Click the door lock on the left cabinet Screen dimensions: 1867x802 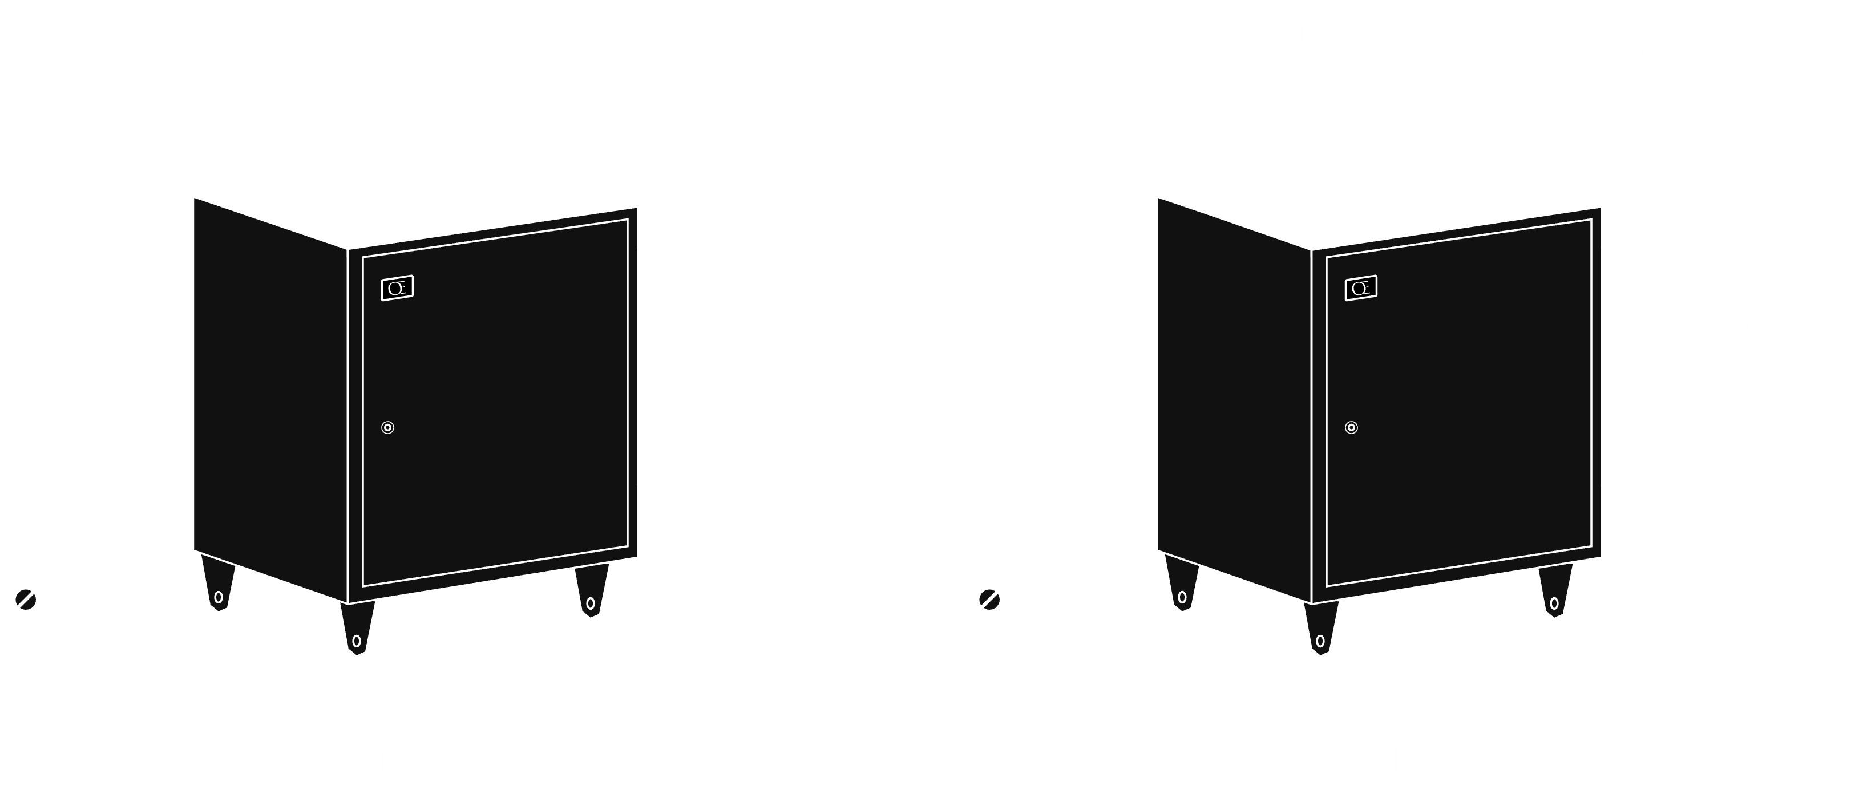tap(388, 427)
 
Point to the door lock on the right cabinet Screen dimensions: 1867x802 tap(1351, 427)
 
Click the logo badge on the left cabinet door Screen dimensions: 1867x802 tap(397, 288)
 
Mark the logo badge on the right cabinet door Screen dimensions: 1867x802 tap(1360, 288)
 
